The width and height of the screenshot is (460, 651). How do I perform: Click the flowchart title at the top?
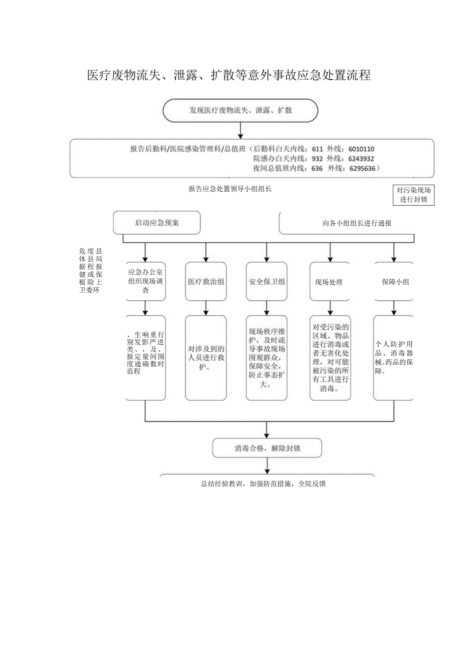pos(229,76)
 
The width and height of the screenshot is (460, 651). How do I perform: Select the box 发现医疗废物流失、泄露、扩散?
pos(240,111)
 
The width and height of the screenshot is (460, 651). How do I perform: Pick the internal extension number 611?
pos(317,149)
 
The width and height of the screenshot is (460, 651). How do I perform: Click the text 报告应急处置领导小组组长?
pos(230,189)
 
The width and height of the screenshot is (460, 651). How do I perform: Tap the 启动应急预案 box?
pos(156,223)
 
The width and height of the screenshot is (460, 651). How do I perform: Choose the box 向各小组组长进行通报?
pos(356,223)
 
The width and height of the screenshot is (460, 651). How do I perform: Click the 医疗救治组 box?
pos(206,282)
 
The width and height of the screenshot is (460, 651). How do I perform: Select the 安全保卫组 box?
pos(266,282)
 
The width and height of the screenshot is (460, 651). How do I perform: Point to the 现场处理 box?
pos(329,282)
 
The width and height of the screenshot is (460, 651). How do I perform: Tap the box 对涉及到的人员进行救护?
pos(206,358)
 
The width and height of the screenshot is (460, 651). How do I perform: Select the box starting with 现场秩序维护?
pos(266,358)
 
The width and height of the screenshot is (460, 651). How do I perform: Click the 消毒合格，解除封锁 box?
pos(267,448)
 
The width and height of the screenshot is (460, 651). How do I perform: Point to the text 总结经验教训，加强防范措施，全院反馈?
pos(263,484)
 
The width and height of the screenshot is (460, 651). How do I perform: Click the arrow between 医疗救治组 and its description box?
pos(206,308)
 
